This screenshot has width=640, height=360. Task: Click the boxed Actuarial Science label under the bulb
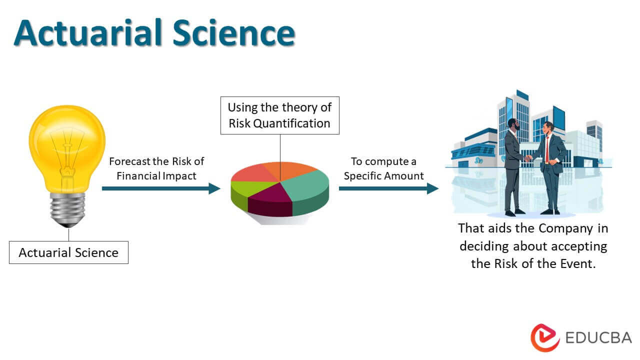point(68,252)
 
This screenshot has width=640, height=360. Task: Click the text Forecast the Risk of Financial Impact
point(156,168)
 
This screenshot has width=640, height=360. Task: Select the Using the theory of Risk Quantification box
point(279,115)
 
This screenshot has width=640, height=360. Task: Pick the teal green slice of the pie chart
point(306,186)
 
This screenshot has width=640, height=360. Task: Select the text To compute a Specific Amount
point(383,168)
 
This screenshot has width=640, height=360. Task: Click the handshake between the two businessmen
point(528,158)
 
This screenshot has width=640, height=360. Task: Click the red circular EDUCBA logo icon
point(544,337)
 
